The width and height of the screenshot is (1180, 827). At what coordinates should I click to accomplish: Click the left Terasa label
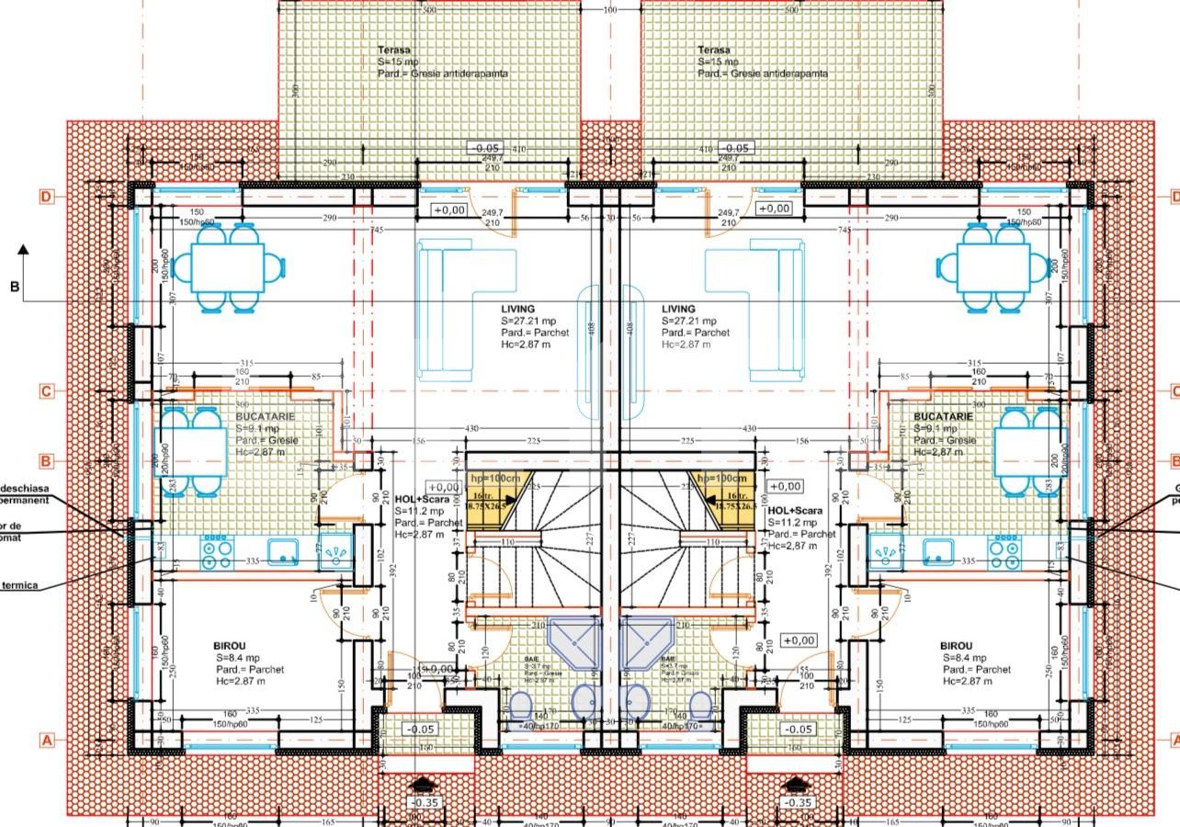[394, 51]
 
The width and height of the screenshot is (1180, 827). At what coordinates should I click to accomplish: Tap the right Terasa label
[714, 51]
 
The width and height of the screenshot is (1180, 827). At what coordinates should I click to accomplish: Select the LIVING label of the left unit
[518, 310]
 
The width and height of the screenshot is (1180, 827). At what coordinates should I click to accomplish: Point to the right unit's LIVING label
[678, 310]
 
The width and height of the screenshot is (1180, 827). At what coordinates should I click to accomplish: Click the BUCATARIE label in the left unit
[266, 416]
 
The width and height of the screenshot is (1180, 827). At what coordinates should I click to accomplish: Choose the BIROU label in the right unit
[957, 646]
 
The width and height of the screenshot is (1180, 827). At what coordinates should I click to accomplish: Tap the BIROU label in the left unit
[229, 646]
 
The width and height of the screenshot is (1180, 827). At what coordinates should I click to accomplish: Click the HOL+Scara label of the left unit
[422, 499]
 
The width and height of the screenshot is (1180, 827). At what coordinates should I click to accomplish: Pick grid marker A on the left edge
[47, 740]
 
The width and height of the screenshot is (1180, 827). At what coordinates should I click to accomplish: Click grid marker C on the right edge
[1174, 391]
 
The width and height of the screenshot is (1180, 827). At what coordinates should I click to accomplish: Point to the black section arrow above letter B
[23, 248]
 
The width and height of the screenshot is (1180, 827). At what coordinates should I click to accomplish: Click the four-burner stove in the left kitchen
[217, 551]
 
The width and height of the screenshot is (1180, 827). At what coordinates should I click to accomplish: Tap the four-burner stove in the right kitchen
[1003, 551]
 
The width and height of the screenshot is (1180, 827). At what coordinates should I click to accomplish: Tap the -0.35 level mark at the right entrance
[799, 802]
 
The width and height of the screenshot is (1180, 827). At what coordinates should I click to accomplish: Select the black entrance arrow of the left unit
[422, 784]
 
